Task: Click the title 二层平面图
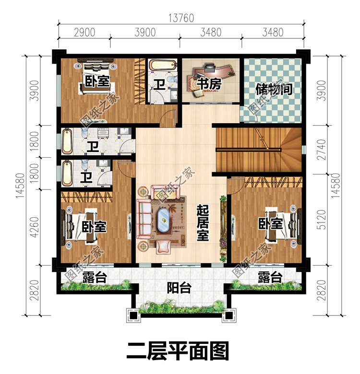click(x=178, y=351)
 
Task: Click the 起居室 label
click(x=203, y=222)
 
